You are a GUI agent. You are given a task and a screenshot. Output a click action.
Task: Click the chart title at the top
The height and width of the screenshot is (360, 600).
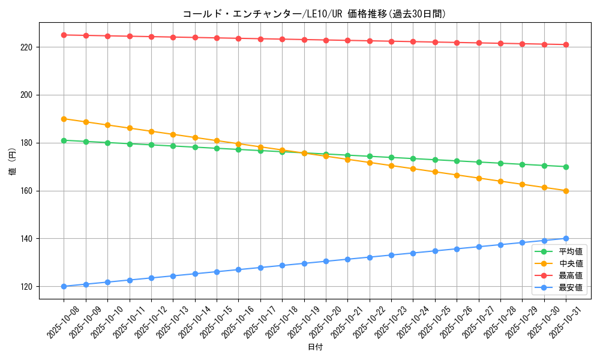click(314, 14)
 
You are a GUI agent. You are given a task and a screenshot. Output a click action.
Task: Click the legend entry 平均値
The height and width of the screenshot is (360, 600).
click(571, 252)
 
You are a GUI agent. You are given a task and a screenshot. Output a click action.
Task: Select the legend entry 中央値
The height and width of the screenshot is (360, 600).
click(571, 264)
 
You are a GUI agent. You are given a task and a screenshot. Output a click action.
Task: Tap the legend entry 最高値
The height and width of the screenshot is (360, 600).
click(571, 276)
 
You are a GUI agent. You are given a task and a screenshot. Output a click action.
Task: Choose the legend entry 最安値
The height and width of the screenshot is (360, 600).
click(571, 288)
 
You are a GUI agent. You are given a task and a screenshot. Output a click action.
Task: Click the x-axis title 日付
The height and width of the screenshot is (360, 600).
click(315, 347)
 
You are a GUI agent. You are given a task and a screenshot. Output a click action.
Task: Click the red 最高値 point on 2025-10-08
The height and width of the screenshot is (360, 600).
click(64, 35)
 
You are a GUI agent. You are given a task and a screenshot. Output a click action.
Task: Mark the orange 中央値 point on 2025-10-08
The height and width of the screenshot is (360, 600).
click(64, 119)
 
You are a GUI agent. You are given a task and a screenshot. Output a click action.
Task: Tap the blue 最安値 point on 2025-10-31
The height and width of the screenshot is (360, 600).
click(566, 239)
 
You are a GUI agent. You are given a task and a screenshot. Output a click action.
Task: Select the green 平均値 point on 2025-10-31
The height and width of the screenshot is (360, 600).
click(566, 167)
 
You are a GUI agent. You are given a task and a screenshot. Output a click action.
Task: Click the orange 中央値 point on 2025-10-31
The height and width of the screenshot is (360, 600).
click(566, 191)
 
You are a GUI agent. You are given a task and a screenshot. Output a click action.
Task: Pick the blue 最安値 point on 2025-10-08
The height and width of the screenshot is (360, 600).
click(64, 286)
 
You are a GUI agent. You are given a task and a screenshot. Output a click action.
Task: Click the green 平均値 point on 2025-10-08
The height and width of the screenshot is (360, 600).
click(64, 140)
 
